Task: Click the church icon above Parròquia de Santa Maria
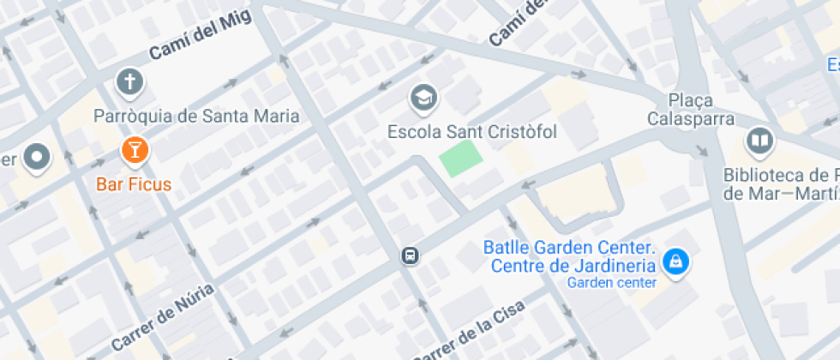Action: pyautogui.click(x=129, y=83)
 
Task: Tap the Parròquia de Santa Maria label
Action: pyautogui.click(x=196, y=116)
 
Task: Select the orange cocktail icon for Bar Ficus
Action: pyautogui.click(x=134, y=151)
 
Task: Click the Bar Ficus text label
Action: pyautogui.click(x=134, y=183)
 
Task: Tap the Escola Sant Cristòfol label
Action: pyautogui.click(x=472, y=132)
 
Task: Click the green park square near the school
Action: pyautogui.click(x=459, y=159)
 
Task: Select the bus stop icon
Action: pyautogui.click(x=411, y=255)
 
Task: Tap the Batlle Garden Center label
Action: pyautogui.click(x=569, y=248)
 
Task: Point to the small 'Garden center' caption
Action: pyautogui.click(x=612, y=283)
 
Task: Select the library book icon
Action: pyautogui.click(x=759, y=141)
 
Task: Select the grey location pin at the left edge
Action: pyautogui.click(x=37, y=158)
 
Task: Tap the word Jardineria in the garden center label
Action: pyautogui.click(x=616, y=265)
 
